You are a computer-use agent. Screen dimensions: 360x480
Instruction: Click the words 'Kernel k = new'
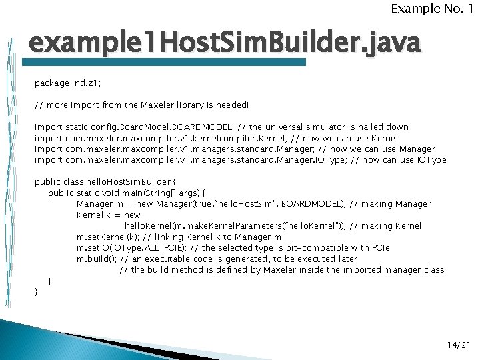[x=108, y=215]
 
